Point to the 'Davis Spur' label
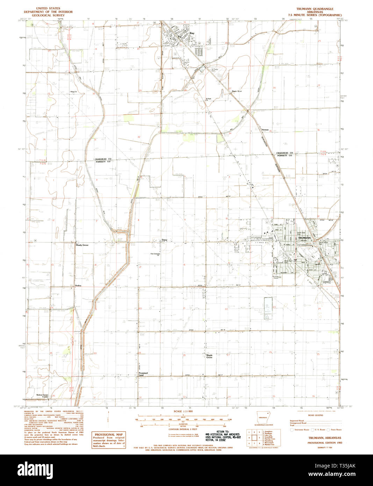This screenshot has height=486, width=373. click(237, 91)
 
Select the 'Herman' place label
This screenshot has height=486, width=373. click(265, 130)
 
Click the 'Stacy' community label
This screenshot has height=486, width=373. click(164, 240)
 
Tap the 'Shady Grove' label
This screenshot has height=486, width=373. click(82, 245)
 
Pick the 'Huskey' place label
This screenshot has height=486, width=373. click(78, 286)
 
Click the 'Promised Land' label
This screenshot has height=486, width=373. click(143, 374)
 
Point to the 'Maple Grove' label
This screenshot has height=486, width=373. click(209, 356)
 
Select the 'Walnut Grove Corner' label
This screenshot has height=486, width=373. click(42, 396)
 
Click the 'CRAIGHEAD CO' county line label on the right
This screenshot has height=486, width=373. click(284, 153)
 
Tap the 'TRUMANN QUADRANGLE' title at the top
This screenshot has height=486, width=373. click(315, 9)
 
